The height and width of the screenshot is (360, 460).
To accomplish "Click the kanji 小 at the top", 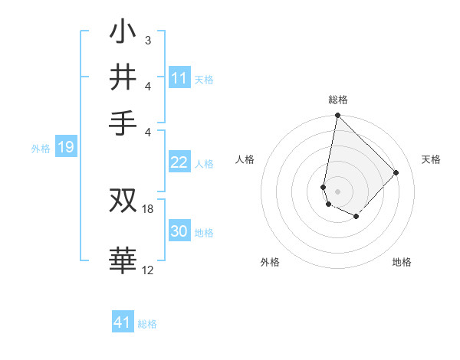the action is tap(123, 34).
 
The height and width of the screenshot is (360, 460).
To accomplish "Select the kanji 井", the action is tap(123, 78).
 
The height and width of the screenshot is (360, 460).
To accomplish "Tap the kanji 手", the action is tap(123, 123).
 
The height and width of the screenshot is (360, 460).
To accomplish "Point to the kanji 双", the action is tap(123, 201).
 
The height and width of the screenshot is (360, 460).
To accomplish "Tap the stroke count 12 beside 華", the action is tap(148, 270).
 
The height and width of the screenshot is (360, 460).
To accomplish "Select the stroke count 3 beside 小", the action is tap(148, 40).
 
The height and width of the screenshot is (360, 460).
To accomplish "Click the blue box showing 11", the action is tap(179, 78).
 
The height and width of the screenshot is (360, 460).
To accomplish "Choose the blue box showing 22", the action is tap(179, 162).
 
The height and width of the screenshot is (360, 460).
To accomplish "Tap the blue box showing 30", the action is tap(179, 231).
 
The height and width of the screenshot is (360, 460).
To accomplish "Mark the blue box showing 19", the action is tap(65, 147).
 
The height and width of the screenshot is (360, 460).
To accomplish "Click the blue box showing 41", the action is tap(123, 322).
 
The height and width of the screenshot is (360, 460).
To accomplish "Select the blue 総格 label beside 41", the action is tap(147, 324).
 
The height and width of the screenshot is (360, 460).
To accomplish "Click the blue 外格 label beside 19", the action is tap(41, 149).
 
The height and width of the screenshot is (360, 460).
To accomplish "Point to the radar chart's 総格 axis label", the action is tap(338, 100).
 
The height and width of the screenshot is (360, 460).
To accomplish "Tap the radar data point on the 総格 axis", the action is tap(337, 116).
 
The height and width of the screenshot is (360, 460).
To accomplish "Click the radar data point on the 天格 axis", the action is tap(396, 172).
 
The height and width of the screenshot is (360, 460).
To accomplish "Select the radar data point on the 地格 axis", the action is tap(356, 217).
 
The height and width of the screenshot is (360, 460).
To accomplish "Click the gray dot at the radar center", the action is tap(337, 191).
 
